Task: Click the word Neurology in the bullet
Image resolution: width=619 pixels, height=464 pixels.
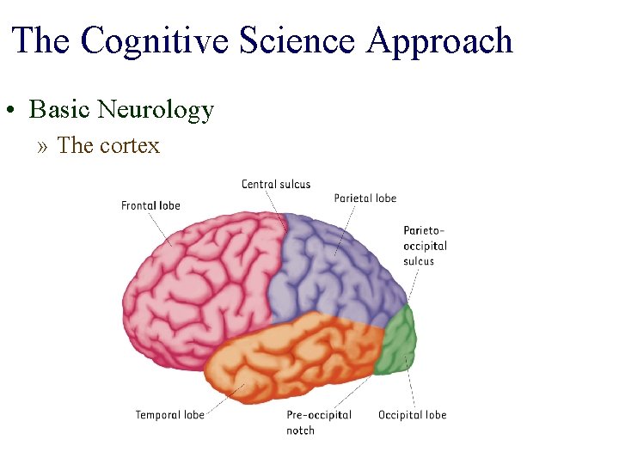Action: [x=156, y=110]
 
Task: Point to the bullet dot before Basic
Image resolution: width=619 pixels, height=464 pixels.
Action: [x=15, y=112]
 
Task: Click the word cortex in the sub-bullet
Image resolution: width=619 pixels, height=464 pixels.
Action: [x=130, y=146]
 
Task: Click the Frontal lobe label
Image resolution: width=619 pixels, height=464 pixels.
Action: [x=150, y=205]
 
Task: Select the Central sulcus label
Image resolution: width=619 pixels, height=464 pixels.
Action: [x=276, y=184]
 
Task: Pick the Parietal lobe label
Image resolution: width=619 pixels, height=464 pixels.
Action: [x=365, y=198]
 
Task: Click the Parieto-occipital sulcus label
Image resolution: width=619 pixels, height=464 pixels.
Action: [x=425, y=246]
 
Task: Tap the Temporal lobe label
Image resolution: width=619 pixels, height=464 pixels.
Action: [x=169, y=415]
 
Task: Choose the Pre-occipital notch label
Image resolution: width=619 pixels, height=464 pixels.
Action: [x=319, y=422]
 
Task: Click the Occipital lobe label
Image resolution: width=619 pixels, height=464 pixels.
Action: [x=413, y=415]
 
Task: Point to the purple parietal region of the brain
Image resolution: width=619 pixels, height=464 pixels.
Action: [x=335, y=266]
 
